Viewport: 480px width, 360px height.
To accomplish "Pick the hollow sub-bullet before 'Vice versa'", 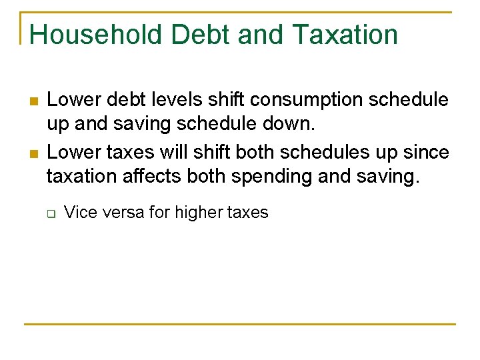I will coord(50,213).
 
